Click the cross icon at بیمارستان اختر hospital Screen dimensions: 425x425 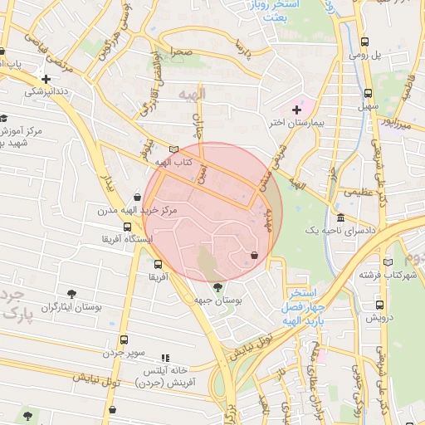[296, 110]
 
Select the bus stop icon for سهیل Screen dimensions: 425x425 [369, 94]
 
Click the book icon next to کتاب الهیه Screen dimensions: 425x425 [173, 150]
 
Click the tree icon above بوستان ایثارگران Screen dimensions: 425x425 [72, 293]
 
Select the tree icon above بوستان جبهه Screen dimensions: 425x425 [217, 287]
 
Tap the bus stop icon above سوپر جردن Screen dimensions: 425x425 [124, 340]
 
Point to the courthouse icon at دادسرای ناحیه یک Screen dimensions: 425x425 [341, 217]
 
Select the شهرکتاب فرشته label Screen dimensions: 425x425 [386, 275]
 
